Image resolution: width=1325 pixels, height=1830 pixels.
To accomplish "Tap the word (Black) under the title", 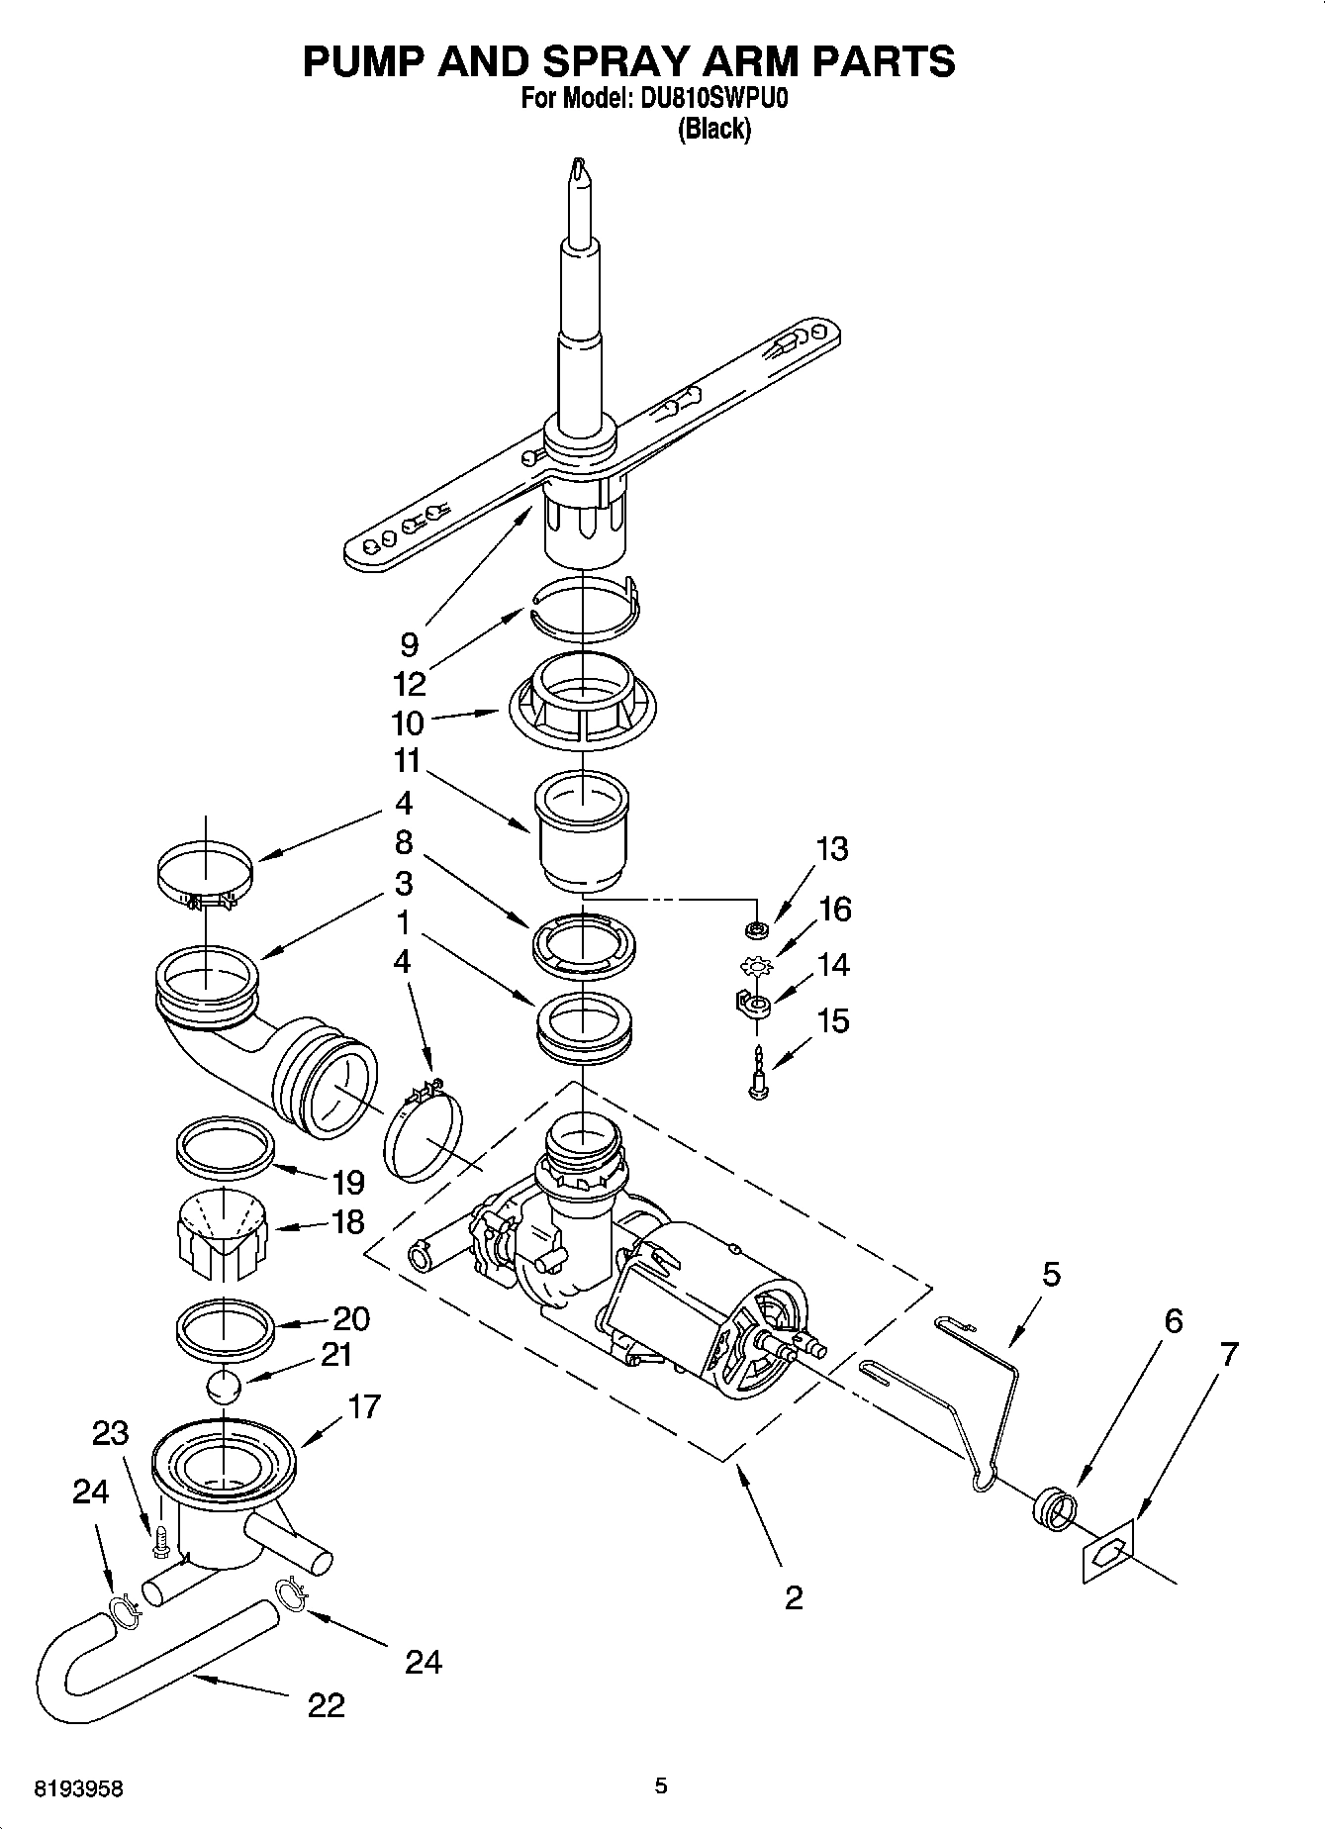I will tap(713, 130).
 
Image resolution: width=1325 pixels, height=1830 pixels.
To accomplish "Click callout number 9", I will tap(409, 645).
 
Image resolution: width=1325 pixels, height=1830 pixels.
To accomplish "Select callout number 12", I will tap(408, 684).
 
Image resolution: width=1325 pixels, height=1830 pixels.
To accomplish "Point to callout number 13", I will tap(832, 849).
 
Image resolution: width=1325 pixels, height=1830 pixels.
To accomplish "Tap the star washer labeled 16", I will tap(757, 964).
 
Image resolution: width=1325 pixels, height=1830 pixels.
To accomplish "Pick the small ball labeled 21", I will tap(225, 1388).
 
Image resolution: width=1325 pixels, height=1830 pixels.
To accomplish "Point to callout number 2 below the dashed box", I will tap(794, 1597).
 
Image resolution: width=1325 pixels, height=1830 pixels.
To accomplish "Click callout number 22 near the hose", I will tap(326, 1704).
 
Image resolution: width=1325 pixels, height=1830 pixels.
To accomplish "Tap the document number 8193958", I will tap(78, 1789).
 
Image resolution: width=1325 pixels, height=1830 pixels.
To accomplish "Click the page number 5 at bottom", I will tap(661, 1785).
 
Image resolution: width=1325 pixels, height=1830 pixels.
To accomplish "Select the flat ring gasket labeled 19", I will tap(224, 1146).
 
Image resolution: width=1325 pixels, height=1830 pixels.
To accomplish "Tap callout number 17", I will tap(364, 1406).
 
